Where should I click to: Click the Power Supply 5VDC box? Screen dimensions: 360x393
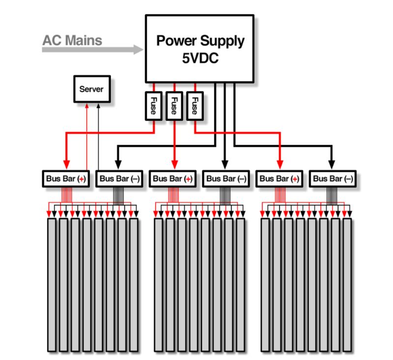199,48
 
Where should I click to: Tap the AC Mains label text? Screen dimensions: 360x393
72,40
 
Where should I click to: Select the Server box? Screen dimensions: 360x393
92,89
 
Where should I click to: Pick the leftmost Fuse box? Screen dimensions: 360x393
152,105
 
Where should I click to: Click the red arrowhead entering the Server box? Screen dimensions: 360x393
87,106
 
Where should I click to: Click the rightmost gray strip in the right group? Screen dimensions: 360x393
347,285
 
